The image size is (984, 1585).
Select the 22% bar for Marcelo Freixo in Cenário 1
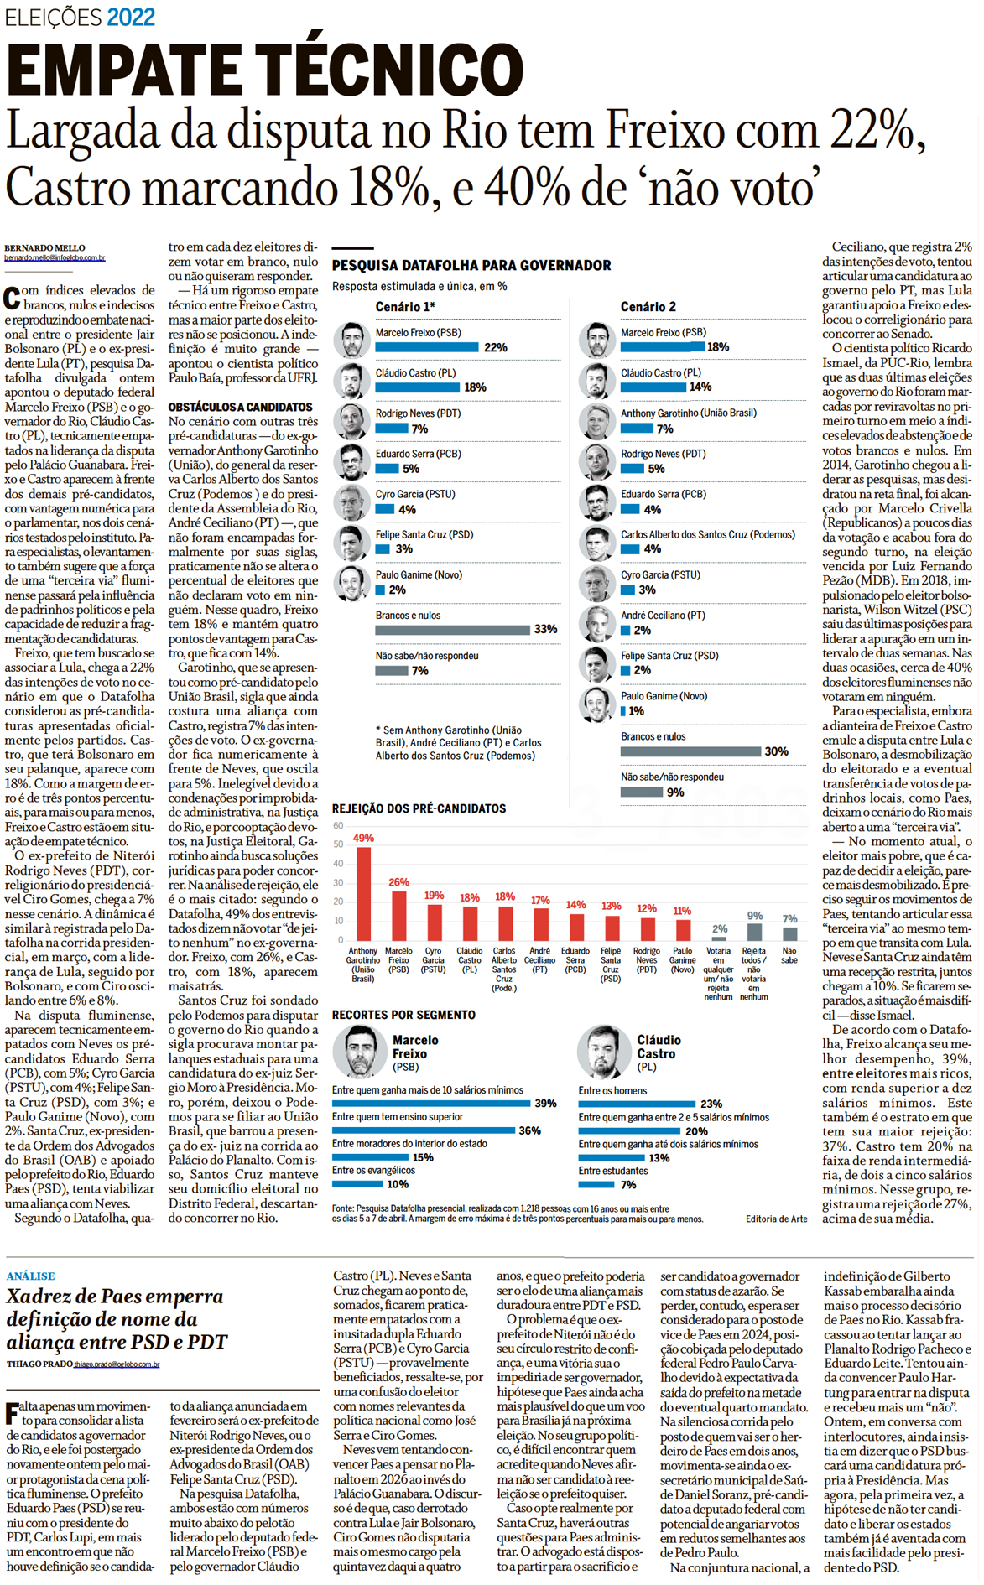tap(426, 347)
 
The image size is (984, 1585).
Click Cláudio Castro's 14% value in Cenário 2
tap(700, 387)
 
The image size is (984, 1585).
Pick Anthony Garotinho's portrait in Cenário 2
tap(597, 422)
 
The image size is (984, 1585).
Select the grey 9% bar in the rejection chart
tap(754, 932)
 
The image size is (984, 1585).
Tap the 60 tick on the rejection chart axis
tap(338, 826)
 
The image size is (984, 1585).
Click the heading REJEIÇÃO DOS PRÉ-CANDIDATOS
tap(419, 808)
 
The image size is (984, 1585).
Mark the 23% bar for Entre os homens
tap(637, 1104)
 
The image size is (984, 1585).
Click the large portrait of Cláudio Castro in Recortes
tap(602, 1052)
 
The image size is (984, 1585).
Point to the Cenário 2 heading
tap(648, 307)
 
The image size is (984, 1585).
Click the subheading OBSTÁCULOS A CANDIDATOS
tap(240, 407)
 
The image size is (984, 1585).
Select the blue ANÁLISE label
tap(30, 1276)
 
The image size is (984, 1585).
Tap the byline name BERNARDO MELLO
tap(44, 248)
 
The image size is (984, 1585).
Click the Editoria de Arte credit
tap(776, 1219)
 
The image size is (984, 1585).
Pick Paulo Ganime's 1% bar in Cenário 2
tap(623, 711)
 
